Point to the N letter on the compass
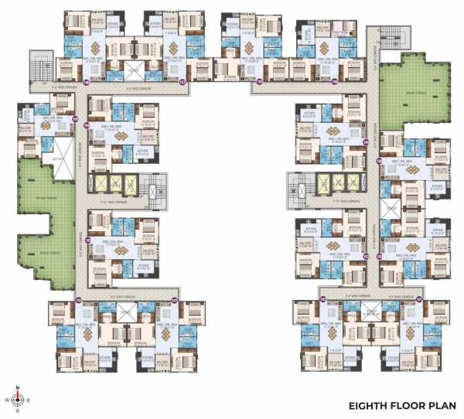tap(16, 386)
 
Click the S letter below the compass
tap(16, 413)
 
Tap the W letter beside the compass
tap(5, 400)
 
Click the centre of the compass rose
tap(16, 400)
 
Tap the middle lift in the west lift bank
tap(114, 183)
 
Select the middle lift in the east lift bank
tap(336, 183)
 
